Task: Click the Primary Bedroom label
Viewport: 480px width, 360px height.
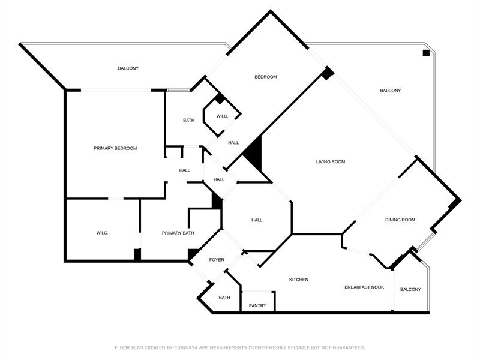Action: pos(115,148)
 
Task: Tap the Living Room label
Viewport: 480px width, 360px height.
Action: pos(331,161)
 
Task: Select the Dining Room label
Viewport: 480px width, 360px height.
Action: pos(400,220)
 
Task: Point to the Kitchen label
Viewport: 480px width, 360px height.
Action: pos(299,280)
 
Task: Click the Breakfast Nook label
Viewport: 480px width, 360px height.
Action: pos(364,287)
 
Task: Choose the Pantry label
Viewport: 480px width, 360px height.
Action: pos(257,305)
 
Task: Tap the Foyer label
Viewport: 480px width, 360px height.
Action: pos(217,260)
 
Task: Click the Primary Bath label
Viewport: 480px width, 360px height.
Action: pos(178,233)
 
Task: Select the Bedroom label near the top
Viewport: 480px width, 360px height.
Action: pos(266,77)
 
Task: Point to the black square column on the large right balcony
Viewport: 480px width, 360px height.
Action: pos(426,53)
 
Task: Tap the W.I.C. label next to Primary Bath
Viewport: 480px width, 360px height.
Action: pos(102,233)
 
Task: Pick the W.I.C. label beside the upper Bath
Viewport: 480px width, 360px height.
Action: pos(222,116)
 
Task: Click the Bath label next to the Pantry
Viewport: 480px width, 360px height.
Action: pos(224,298)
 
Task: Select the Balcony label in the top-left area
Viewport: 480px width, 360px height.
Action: pos(128,68)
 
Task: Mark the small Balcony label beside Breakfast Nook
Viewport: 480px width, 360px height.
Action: pos(410,289)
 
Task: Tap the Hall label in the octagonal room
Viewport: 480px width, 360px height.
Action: pos(257,220)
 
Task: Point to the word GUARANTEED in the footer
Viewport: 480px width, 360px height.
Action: pos(348,347)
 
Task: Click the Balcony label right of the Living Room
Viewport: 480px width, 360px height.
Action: pos(391,91)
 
